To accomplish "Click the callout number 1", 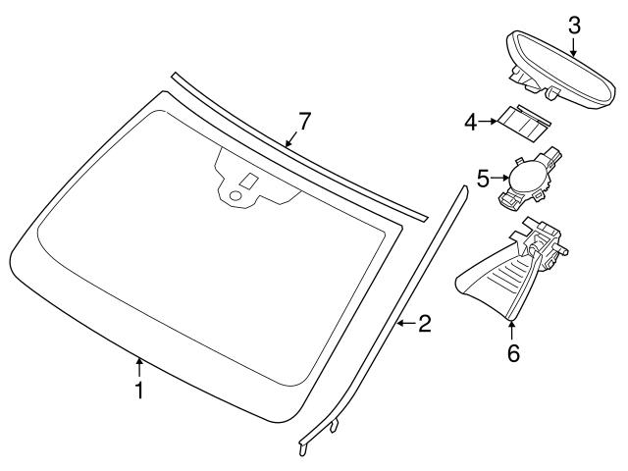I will pyautogui.click(x=139, y=391).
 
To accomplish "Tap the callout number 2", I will pyautogui.click(x=424, y=323).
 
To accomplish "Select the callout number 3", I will pyautogui.click(x=574, y=25).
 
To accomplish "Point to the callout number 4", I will pyautogui.click(x=470, y=123).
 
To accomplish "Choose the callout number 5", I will pyautogui.click(x=483, y=179).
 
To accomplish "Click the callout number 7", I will pyautogui.click(x=304, y=122).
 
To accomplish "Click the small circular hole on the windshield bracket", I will pyautogui.click(x=235, y=196).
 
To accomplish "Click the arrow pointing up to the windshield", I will pyautogui.click(x=139, y=368).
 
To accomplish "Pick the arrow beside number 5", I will pyautogui.click(x=498, y=179).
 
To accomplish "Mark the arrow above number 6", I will pyautogui.click(x=512, y=332).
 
